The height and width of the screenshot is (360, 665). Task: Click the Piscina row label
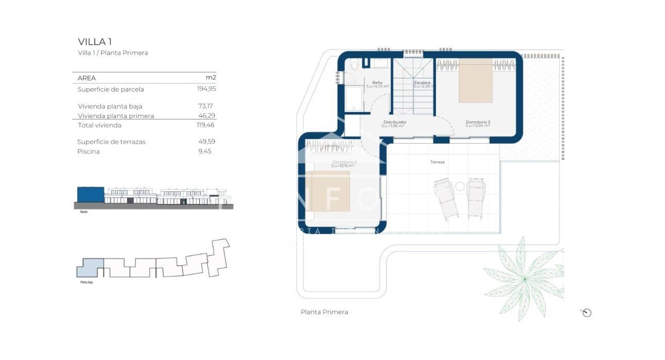(89, 152)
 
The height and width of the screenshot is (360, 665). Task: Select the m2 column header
(210, 78)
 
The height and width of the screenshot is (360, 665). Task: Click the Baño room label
(377, 83)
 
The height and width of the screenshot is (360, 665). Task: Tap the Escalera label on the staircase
(422, 83)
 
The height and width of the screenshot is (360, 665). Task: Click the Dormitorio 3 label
(477, 122)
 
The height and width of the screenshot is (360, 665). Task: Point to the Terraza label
(437, 162)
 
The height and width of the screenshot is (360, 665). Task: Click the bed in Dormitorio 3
(476, 80)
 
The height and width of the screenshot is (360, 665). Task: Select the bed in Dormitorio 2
(328, 191)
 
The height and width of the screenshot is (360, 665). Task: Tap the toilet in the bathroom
(354, 67)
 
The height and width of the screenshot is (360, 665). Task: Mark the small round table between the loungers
(459, 186)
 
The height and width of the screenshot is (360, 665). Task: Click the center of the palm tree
(524, 279)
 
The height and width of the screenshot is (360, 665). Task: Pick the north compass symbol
(587, 313)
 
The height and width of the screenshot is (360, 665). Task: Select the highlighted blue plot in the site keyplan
(91, 268)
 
